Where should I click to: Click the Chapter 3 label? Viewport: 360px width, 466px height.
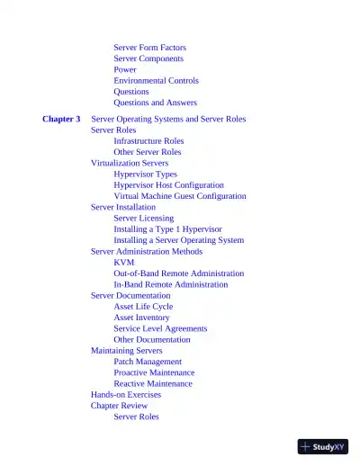[61, 119]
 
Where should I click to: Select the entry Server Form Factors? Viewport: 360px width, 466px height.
[149, 47]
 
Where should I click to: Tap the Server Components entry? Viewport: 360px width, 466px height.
[148, 58]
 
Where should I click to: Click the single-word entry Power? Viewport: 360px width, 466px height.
[125, 69]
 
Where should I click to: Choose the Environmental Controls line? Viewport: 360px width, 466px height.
[156, 80]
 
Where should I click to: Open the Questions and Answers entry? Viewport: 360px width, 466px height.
[155, 103]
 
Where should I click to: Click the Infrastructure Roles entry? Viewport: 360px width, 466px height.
[148, 141]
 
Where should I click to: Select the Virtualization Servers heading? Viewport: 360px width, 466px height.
[130, 163]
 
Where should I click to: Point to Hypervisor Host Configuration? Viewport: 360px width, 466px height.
[168, 185]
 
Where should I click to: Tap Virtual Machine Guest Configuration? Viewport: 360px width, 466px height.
[179, 196]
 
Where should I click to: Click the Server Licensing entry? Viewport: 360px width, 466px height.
[143, 218]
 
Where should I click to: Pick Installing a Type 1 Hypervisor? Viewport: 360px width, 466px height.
[167, 229]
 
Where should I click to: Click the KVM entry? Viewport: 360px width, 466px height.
[123, 262]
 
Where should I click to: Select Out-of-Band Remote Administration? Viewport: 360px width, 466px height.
[178, 273]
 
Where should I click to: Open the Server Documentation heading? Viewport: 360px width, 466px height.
[130, 295]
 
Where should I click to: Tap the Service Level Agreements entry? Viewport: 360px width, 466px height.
[160, 328]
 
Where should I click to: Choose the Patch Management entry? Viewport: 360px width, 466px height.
[148, 362]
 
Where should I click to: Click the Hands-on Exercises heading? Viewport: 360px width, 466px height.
[126, 394]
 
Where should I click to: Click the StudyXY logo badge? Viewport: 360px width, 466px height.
[322, 446]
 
